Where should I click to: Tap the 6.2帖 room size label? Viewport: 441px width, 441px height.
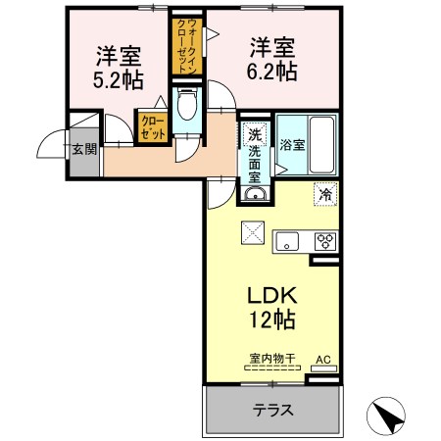pyautogui.click(x=271, y=72)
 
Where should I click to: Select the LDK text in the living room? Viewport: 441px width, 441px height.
pyautogui.click(x=272, y=295)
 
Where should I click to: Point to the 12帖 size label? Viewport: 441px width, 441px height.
pyautogui.click(x=272, y=319)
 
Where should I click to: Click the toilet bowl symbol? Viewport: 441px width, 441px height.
pyautogui.click(x=187, y=104)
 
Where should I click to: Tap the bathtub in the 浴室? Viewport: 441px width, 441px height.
pyautogui.click(x=321, y=145)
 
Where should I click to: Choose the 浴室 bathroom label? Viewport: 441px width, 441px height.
pyautogui.click(x=292, y=145)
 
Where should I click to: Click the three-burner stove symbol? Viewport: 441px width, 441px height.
pyautogui.click(x=325, y=242)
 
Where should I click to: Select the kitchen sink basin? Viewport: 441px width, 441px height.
pyautogui.click(x=287, y=241)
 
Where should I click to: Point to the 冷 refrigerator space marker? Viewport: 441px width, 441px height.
pyautogui.click(x=325, y=194)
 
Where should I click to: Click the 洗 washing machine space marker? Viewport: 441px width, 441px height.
pyautogui.click(x=255, y=134)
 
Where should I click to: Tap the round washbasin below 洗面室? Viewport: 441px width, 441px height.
pyautogui.click(x=256, y=195)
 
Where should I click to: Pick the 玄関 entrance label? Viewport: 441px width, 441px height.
pyautogui.click(x=84, y=149)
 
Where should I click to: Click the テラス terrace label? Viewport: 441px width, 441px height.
pyautogui.click(x=272, y=410)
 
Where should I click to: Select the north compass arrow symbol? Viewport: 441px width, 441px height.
pyautogui.click(x=386, y=416)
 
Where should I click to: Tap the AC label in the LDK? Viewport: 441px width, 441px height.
pyautogui.click(x=323, y=360)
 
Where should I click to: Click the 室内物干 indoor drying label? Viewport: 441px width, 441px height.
pyautogui.click(x=272, y=359)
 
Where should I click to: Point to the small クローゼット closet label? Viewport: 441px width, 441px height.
pyautogui.click(x=153, y=128)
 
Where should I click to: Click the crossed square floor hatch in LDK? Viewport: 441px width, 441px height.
pyautogui.click(x=253, y=232)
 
